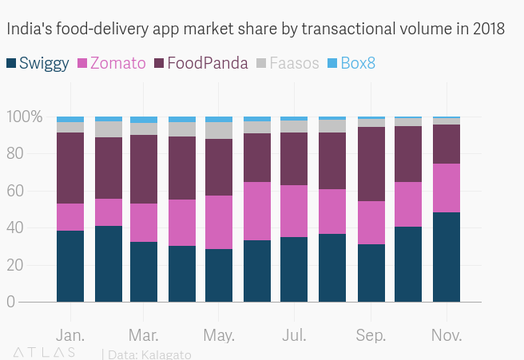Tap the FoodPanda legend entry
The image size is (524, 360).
click(x=199, y=63)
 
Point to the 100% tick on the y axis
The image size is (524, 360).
click(x=24, y=117)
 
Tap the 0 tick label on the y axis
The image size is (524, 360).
click(x=33, y=302)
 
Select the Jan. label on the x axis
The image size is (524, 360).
click(x=70, y=334)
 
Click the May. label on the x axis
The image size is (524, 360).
click(x=219, y=334)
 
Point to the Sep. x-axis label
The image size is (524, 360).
click(x=371, y=334)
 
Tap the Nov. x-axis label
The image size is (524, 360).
click(x=446, y=334)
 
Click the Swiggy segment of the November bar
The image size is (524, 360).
click(x=446, y=257)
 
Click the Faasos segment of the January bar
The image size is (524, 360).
click(x=70, y=127)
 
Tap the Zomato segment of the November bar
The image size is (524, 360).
click(x=446, y=188)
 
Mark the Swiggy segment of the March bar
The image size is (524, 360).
click(x=144, y=271)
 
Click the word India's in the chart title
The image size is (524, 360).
click(x=27, y=30)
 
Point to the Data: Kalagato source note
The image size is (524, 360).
click(x=149, y=354)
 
